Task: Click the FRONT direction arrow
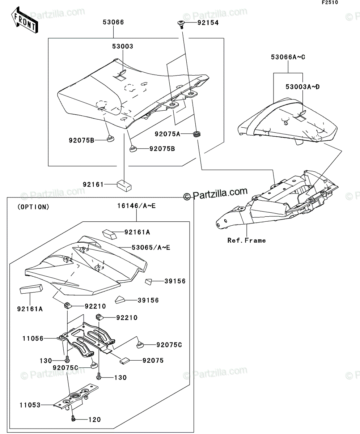(25, 20)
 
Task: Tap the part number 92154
(208, 23)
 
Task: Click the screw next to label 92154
(181, 24)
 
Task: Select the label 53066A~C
(288, 57)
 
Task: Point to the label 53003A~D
(302, 87)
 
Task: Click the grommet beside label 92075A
(197, 134)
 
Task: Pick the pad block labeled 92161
(124, 186)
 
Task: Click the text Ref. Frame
(246, 241)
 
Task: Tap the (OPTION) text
(34, 207)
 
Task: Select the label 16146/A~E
(136, 206)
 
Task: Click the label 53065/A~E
(151, 247)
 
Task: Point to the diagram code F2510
(330, 3)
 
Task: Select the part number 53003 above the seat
(123, 46)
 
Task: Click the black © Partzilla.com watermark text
(215, 193)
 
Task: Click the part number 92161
(93, 184)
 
